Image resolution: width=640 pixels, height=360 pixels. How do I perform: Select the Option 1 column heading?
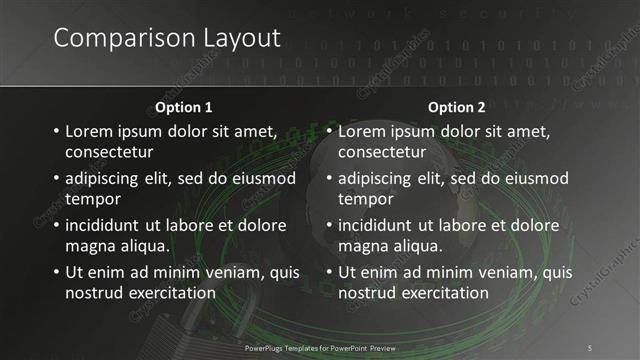pyautogui.click(x=184, y=107)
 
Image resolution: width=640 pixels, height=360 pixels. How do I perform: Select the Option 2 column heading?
pyautogui.click(x=457, y=107)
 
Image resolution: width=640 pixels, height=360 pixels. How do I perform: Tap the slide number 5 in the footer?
pyautogui.click(x=589, y=346)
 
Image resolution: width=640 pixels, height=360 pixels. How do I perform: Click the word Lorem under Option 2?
pyautogui.click(x=363, y=131)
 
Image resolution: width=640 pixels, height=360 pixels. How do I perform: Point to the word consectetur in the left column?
pyautogui.click(x=109, y=152)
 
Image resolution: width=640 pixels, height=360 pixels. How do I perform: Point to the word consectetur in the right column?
pyautogui.click(x=382, y=152)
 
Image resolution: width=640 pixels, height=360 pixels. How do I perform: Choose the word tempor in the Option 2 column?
pyautogui.click(x=366, y=198)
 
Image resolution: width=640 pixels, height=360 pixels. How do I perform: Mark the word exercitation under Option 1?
pyautogui.click(x=170, y=292)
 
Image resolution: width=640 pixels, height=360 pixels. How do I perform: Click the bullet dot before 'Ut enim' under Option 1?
pyautogui.click(x=54, y=272)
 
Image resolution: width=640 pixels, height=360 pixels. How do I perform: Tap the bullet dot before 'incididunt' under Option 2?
pyautogui.click(x=327, y=225)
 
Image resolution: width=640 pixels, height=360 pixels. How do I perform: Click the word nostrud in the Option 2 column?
pyautogui.click(x=369, y=292)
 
